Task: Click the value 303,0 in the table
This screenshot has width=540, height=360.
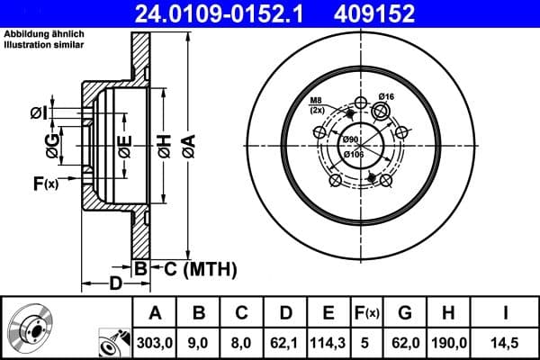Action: pos(155,342)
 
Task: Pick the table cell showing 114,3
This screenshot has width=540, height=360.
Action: pos(328,342)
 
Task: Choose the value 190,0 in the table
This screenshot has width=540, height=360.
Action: pos(450,342)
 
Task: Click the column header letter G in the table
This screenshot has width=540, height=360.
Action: pos(405,312)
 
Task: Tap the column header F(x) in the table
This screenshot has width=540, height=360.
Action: pos(367,312)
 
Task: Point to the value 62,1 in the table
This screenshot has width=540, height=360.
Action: pos(285,342)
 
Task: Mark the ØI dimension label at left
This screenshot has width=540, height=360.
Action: pos(38,112)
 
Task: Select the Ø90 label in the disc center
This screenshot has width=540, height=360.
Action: pos(351,139)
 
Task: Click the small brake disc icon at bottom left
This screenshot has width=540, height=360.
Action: pos(33,328)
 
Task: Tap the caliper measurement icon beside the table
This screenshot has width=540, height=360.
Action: pos(112,342)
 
